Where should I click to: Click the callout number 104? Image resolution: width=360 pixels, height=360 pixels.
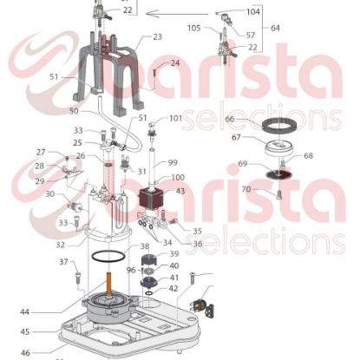click(252, 12)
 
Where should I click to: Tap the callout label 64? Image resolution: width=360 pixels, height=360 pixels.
click(276, 28)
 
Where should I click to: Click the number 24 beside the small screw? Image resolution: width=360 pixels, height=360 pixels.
click(174, 62)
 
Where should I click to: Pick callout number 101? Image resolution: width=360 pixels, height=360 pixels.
click(175, 117)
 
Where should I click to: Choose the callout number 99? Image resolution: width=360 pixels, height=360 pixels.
click(172, 161)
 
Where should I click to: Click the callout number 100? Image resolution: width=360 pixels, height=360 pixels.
click(177, 177)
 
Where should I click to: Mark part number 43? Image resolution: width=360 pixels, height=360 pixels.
click(180, 191)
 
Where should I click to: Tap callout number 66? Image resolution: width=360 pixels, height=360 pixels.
click(230, 118)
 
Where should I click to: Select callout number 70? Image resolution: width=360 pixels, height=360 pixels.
click(245, 188)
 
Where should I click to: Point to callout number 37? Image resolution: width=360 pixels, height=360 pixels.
click(63, 261)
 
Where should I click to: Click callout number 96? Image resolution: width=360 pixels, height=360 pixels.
click(129, 269)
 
